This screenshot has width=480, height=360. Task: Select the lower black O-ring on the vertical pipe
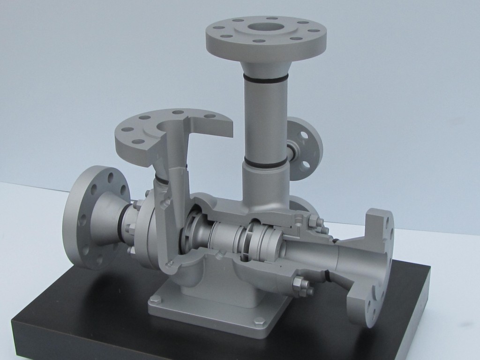(264, 163)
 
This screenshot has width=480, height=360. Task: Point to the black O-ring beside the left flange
(123, 224)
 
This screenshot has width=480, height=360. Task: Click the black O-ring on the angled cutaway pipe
(162, 180)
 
